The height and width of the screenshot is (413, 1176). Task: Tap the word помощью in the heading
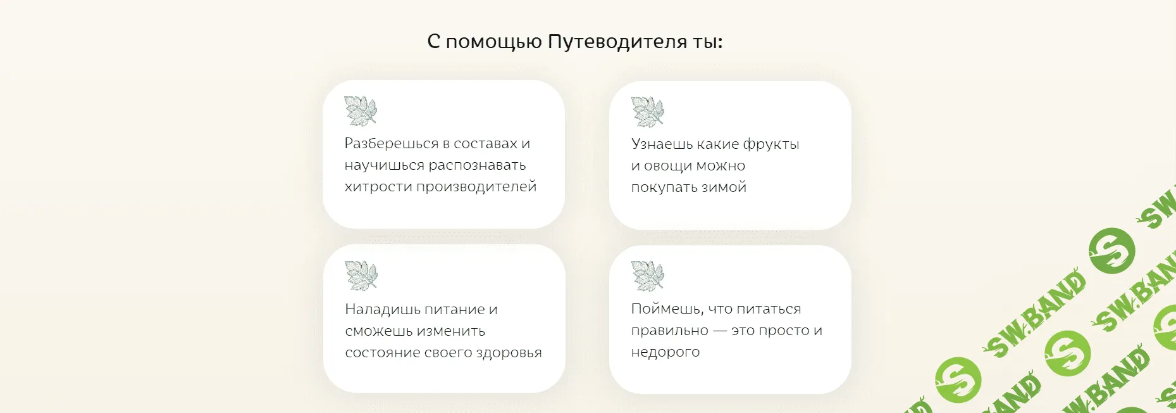(493, 42)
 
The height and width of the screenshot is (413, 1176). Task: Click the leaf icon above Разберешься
(361, 111)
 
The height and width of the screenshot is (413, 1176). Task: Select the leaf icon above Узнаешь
(648, 111)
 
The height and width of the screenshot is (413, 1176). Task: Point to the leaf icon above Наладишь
(361, 276)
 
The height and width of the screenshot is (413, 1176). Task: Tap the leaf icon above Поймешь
(648, 276)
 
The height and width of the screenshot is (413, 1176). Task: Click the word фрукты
(771, 144)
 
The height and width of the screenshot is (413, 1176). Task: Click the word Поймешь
(667, 309)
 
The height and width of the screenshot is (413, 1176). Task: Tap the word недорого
(665, 352)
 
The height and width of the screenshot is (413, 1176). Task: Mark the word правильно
(669, 331)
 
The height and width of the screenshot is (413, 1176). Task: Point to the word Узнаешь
(661, 144)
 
